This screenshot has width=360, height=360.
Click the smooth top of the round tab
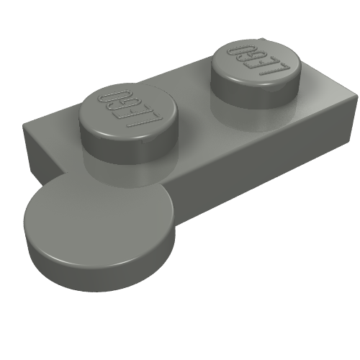point(101,216)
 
